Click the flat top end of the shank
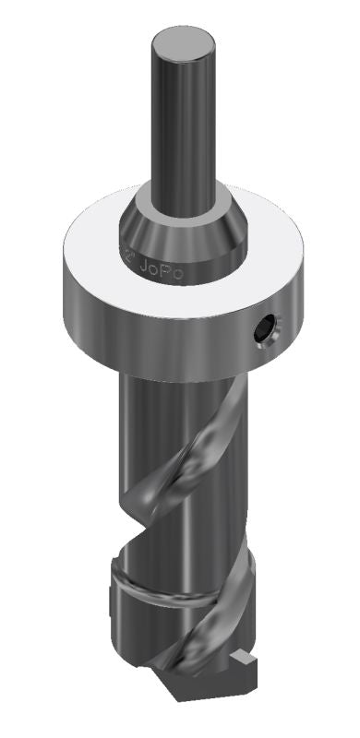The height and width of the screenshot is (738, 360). point(184,43)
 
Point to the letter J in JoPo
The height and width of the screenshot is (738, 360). point(142,269)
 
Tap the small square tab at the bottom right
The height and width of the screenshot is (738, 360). point(244,660)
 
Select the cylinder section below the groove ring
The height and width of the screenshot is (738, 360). point(148,627)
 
